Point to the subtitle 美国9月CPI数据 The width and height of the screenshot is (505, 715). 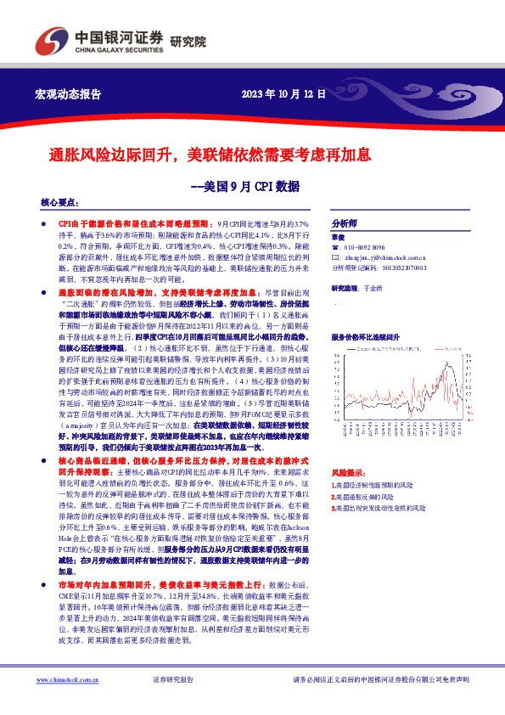coord(245,185)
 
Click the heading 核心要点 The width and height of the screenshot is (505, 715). coord(59,204)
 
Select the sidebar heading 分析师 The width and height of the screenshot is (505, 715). coord(344,217)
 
